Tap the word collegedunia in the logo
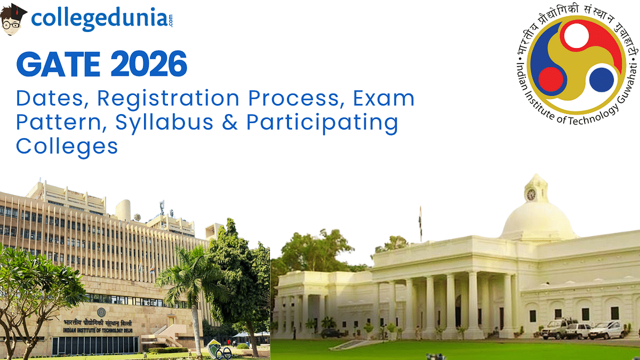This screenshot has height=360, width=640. [99, 19]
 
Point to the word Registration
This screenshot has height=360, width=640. [168, 99]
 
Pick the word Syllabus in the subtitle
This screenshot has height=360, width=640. [164, 123]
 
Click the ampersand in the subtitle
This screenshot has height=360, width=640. [230, 122]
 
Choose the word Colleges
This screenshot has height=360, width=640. [67, 147]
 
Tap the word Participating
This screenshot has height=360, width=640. [322, 123]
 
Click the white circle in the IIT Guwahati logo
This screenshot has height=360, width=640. [577, 36]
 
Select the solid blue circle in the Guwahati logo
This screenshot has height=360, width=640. [602, 79]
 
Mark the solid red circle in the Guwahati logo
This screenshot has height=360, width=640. [551, 79]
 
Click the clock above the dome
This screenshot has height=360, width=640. [531, 195]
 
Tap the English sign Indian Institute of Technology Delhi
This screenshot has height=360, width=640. [98, 330]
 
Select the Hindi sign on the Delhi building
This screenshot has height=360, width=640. [98, 323]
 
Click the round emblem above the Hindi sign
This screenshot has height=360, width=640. [101, 313]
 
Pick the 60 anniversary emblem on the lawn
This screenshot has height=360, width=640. [219, 349]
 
